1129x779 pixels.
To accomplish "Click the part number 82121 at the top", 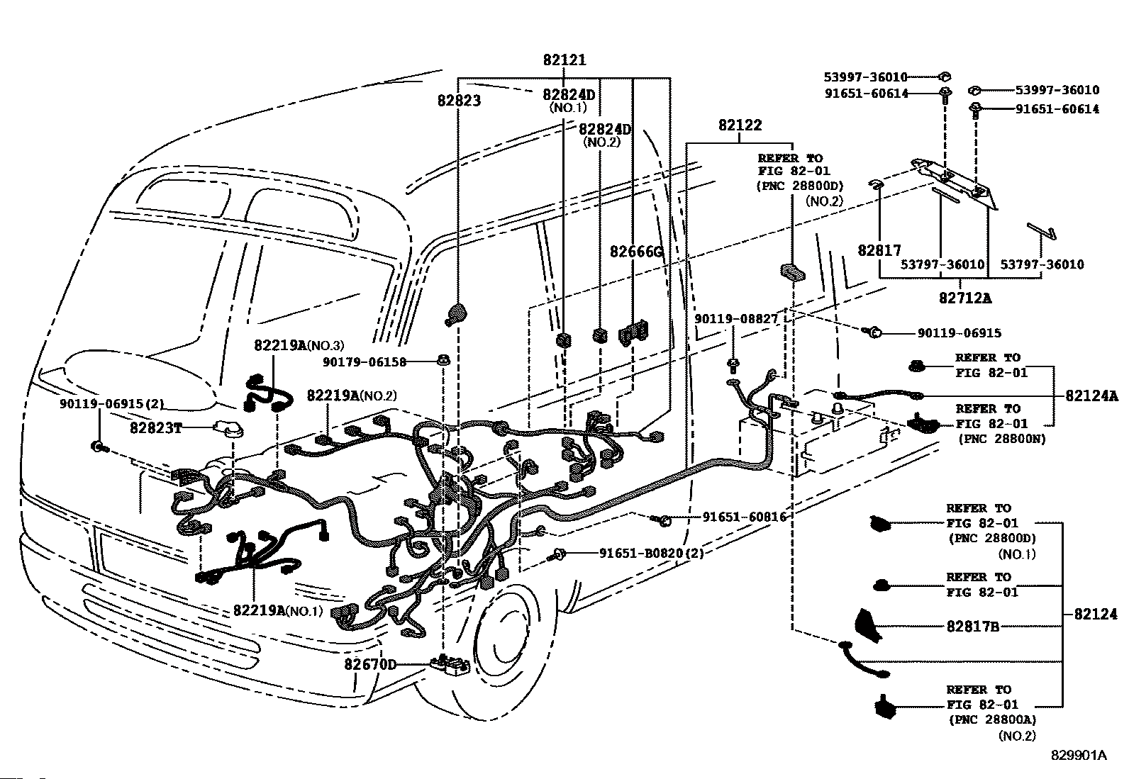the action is pos(564,60).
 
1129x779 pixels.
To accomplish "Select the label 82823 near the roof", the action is pos(459,101).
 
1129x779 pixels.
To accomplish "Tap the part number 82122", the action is pos(740,125).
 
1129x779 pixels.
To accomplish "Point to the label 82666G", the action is pos(636,252).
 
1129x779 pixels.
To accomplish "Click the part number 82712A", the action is pos(964,298).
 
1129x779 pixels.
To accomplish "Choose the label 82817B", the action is pos(973,627).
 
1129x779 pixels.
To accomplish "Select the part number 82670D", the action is pos(370,665).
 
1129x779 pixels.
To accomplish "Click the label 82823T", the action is pos(156,428).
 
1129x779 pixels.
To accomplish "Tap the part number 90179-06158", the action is pos(365,362).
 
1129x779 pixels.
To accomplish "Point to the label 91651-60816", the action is pos(745,517).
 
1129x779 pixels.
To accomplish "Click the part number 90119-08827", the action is pos(736,319).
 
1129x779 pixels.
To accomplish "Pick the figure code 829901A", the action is pos(1079,756).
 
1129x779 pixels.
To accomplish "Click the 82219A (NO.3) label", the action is pos(299,345).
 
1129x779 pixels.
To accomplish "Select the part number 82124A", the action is pos(1091,396).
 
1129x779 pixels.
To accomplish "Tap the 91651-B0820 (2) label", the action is pos(651,554).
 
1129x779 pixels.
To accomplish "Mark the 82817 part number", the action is pos(879,250).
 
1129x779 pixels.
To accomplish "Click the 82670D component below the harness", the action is pos(450,666).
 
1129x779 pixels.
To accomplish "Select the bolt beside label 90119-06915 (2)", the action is pos(98,446).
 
